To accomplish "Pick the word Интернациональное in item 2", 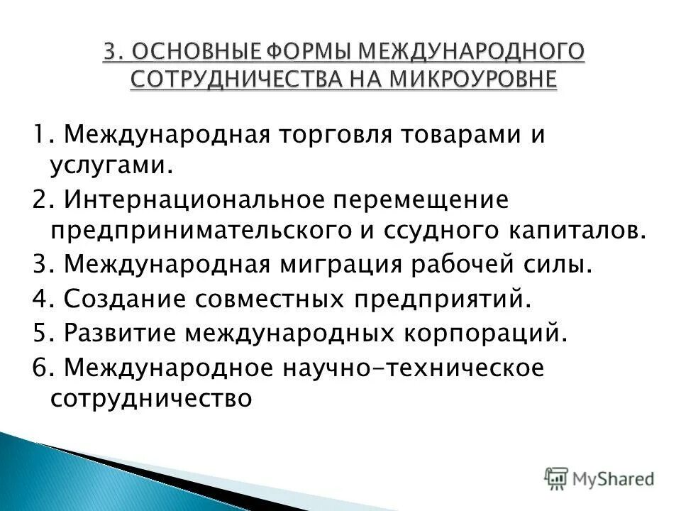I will pos(195,200).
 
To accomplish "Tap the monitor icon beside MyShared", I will pos(557,479).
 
